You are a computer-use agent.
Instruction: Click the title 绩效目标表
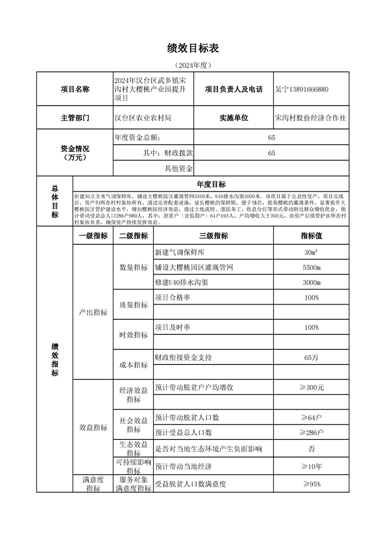tap(193, 48)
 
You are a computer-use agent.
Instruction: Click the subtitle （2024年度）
tap(193, 65)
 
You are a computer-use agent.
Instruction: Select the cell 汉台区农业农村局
tap(143, 118)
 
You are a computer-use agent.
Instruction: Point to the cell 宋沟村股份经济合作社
tap(311, 118)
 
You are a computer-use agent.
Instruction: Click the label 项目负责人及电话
tap(234, 90)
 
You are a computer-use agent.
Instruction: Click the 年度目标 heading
tap(211, 184)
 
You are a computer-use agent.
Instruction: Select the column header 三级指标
tap(213, 236)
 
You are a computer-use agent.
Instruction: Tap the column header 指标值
tap(311, 236)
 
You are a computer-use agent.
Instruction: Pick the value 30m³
tap(311, 252)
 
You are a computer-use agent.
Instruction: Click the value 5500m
tap(311, 267)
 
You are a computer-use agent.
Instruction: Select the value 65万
tap(311, 358)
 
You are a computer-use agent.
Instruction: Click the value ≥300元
tap(311, 388)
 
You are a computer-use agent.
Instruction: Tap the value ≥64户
tap(311, 418)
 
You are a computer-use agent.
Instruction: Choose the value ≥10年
tap(311, 467)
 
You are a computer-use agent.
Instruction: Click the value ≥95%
tap(311, 484)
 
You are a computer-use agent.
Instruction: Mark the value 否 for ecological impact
tap(311, 449)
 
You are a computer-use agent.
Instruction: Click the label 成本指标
tap(133, 365)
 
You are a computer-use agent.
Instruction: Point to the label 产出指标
tap(93, 312)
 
